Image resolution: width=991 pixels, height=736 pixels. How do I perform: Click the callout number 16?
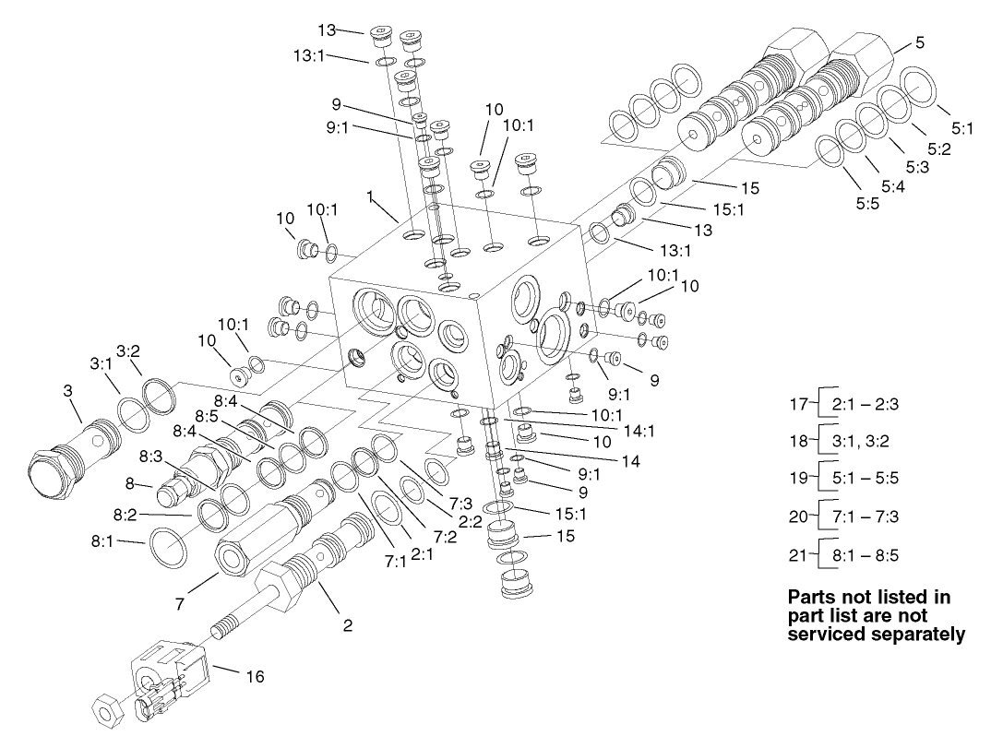coord(255,677)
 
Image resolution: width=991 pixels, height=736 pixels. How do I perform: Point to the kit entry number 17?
coord(798,403)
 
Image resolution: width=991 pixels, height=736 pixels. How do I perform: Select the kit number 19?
coord(798,479)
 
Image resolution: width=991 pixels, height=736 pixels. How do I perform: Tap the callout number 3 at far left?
coord(67,391)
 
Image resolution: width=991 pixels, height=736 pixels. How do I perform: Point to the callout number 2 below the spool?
coord(348,625)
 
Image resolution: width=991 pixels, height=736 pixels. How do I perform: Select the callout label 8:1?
coord(101,542)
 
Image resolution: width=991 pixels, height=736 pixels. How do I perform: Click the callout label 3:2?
coord(127,350)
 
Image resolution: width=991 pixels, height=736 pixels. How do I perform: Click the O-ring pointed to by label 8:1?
coord(169,547)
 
